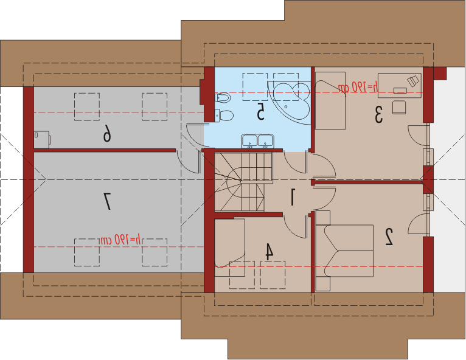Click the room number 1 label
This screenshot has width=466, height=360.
[293, 197]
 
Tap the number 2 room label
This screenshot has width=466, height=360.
[389, 237]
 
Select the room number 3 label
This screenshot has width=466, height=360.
[378, 115]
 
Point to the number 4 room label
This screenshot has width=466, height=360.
[269, 252]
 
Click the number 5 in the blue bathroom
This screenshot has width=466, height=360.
[260, 111]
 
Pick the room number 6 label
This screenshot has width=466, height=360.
[106, 133]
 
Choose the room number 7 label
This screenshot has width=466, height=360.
[106, 201]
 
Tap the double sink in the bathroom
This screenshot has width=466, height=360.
[257, 141]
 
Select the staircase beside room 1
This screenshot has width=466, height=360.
[243, 181]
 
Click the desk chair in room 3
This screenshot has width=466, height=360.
[398, 107]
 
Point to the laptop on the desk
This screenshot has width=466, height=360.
[413, 80]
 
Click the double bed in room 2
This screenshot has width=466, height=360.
[345, 251]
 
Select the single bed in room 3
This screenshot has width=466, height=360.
[330, 100]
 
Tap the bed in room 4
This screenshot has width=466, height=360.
[230, 247]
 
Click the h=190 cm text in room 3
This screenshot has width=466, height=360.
[358, 87]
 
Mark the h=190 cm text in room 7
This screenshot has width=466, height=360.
[120, 240]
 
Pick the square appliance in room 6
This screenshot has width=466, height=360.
[42, 139]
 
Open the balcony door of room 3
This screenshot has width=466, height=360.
[419, 135]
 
